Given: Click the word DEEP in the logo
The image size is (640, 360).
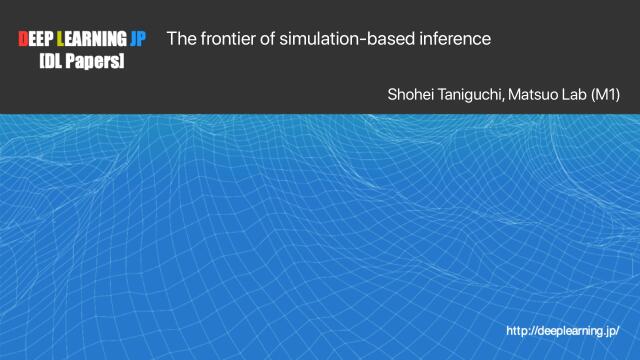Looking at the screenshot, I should tap(37, 40).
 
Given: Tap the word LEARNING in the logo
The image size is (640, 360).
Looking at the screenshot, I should tap(93, 40).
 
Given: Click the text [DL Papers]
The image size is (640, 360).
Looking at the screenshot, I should tap(82, 61).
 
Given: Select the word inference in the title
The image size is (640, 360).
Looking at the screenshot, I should tap(455, 39).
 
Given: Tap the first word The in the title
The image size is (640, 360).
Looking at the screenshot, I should tap(180, 39).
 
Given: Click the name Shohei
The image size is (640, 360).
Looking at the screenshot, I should tap(409, 95).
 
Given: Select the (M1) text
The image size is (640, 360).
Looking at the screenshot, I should tap(606, 95).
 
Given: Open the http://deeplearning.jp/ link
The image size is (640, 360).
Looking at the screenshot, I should tap(562, 330).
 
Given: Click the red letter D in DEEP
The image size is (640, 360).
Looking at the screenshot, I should tap(24, 40).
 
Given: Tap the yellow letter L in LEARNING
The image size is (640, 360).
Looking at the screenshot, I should tap(63, 40).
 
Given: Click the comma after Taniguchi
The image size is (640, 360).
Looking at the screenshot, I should tap(503, 99).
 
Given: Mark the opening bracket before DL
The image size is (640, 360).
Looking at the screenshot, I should tap(41, 61).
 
